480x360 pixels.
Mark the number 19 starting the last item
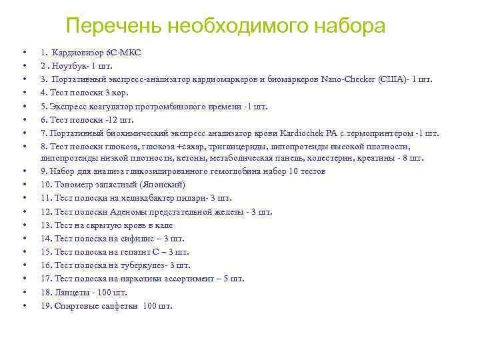point(45,306)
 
